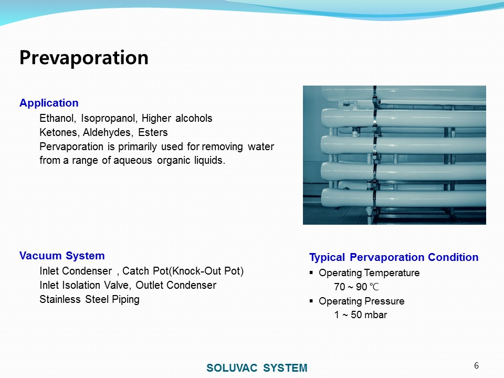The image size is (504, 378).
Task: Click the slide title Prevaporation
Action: (84, 58)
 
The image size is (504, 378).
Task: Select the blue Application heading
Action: (49, 103)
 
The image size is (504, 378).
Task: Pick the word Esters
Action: (153, 132)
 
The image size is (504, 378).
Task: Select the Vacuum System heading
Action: (62, 256)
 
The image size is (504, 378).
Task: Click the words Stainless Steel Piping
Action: (89, 300)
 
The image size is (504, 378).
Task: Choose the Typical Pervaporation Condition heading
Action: (394, 257)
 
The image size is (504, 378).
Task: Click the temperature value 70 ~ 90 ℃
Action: (356, 287)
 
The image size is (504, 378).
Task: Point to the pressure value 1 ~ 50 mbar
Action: (360, 314)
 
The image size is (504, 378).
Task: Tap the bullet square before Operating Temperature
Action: (311, 272)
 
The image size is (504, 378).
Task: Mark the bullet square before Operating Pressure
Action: (311, 301)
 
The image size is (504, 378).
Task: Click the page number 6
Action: (476, 366)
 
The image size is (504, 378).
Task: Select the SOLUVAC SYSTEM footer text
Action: (257, 367)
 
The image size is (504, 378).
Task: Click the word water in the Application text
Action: (261, 147)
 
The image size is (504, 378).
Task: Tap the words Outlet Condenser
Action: (176, 285)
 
